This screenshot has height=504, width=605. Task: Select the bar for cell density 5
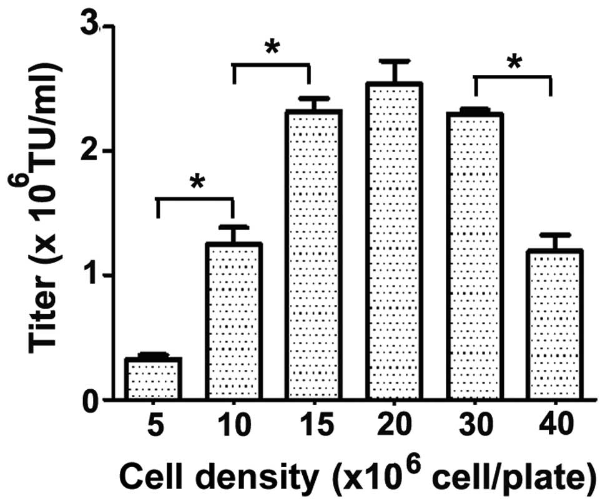point(154,378)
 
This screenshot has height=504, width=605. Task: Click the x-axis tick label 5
point(154,427)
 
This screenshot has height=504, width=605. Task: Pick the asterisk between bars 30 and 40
point(514,62)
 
